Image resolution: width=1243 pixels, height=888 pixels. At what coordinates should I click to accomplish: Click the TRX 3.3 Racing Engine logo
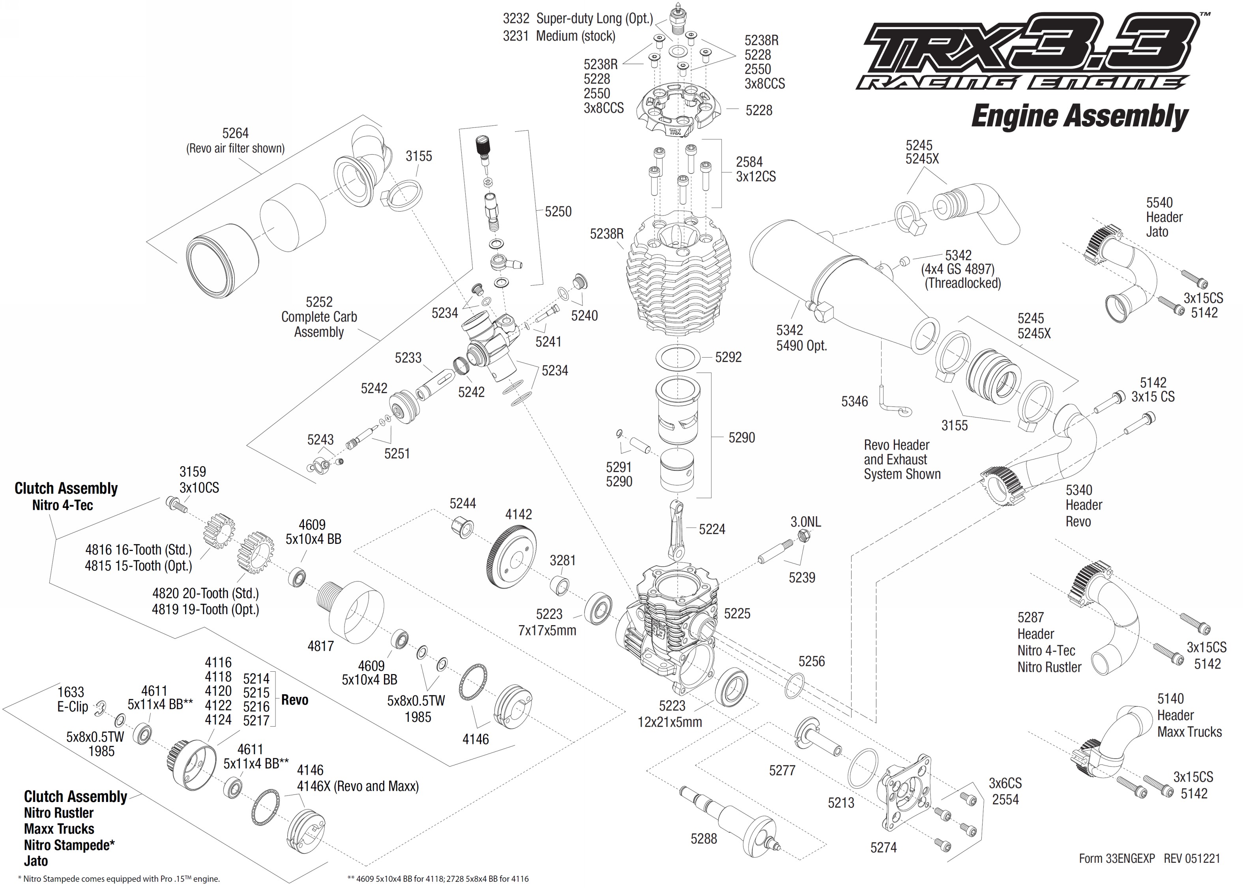(x=1028, y=52)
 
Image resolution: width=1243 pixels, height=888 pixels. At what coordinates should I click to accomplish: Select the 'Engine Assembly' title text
(x=1080, y=116)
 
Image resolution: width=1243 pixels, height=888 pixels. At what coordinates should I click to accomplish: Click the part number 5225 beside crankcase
(x=737, y=613)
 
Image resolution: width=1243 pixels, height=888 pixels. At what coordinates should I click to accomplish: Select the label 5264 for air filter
(x=235, y=133)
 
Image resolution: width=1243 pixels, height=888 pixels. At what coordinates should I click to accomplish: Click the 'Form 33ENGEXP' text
(x=1116, y=858)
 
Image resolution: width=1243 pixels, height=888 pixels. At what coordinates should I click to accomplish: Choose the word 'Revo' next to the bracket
(x=295, y=700)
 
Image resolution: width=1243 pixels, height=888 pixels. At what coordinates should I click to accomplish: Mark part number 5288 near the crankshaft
(x=704, y=838)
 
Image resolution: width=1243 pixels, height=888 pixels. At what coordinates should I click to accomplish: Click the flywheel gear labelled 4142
(x=511, y=560)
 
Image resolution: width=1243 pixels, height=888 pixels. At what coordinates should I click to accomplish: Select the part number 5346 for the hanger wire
(x=854, y=401)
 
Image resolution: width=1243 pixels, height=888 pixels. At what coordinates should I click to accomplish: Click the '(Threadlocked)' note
(x=962, y=283)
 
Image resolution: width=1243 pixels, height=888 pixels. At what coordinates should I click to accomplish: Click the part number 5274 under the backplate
(x=884, y=847)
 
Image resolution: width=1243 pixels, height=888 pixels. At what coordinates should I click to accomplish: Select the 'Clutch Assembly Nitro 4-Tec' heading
(x=66, y=496)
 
